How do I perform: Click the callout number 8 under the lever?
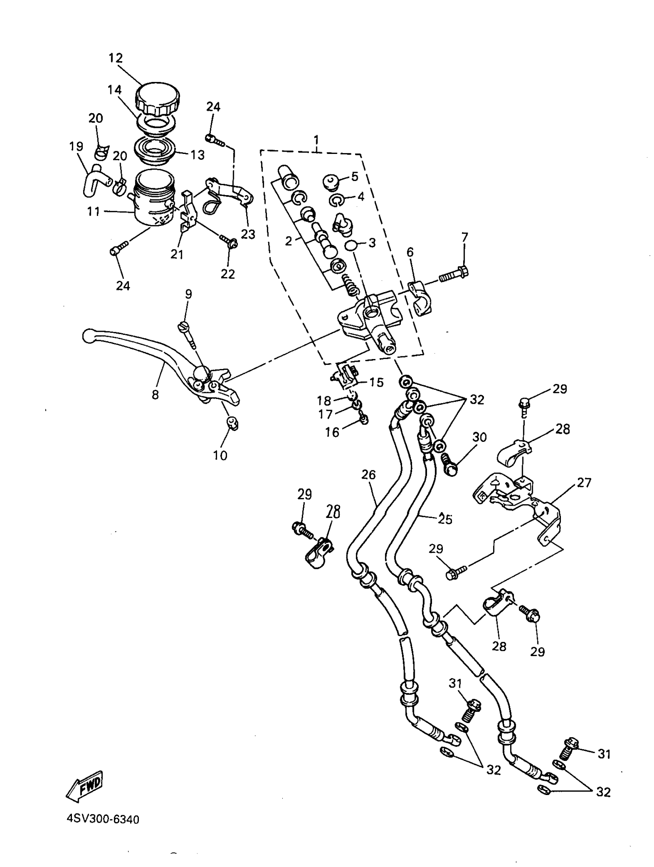click(155, 395)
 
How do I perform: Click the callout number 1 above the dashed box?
click(316, 140)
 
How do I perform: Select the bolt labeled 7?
click(455, 275)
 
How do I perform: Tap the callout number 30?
click(479, 437)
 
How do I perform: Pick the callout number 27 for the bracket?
click(584, 483)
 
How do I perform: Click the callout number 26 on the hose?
click(368, 474)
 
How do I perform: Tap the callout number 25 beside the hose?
click(445, 519)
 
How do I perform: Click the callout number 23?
click(248, 234)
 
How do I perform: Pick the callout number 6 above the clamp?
click(410, 252)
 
